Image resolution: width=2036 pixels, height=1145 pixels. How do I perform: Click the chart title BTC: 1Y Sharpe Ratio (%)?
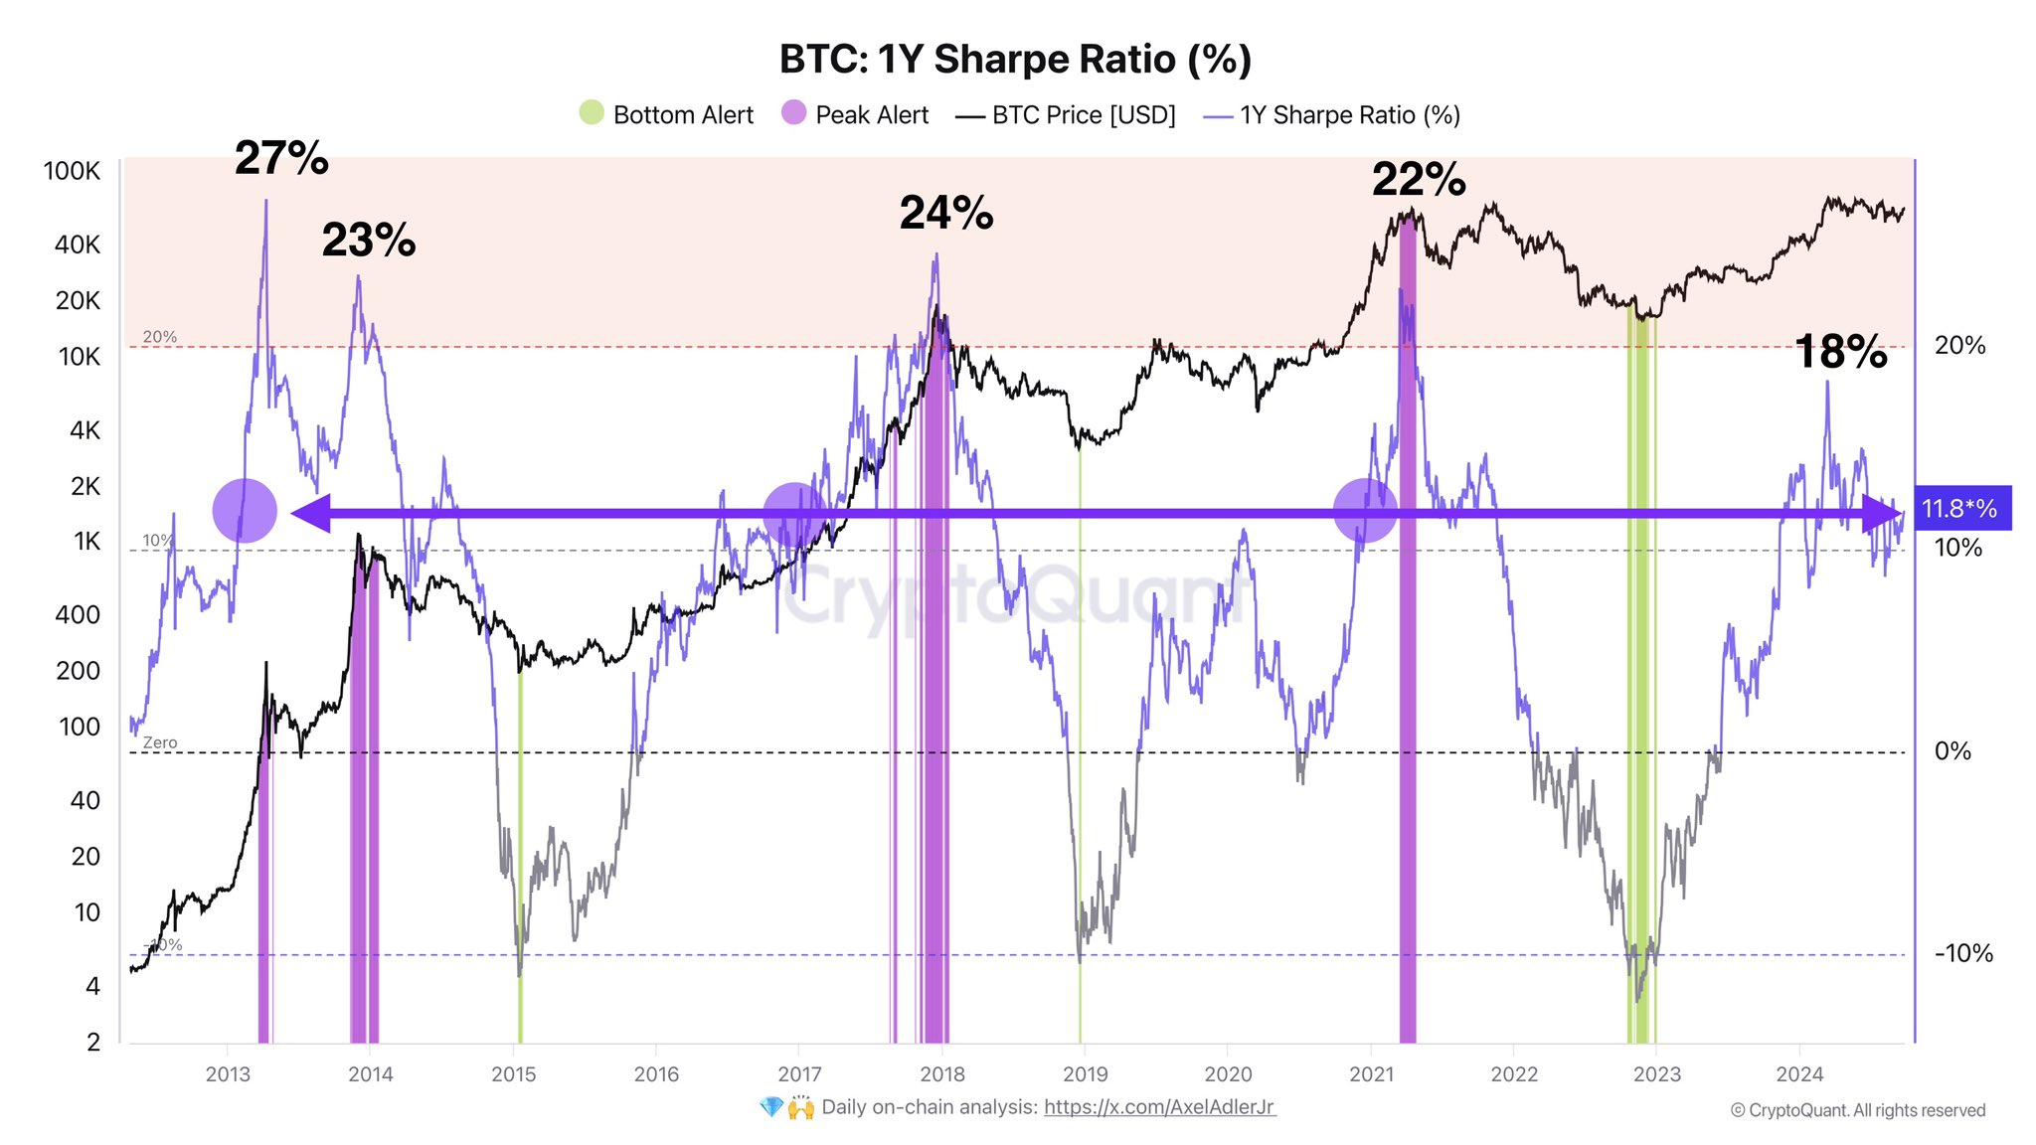[1015, 60]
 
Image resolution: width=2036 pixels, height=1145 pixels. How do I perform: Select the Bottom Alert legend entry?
[667, 114]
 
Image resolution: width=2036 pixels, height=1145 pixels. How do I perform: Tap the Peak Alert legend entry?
[855, 114]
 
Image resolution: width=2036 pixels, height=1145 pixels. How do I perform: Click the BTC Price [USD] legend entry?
[1066, 114]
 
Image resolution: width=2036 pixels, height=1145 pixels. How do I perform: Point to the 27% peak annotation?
[281, 159]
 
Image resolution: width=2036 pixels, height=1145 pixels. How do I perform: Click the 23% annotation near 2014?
[369, 241]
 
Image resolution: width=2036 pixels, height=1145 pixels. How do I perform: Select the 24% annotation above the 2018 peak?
[946, 213]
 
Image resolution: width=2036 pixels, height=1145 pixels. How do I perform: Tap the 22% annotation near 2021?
[1419, 180]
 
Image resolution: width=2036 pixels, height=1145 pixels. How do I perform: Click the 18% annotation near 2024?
[1841, 352]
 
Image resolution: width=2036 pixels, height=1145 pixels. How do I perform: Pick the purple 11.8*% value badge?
[1959, 509]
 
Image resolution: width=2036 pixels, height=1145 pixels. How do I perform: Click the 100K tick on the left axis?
[72, 171]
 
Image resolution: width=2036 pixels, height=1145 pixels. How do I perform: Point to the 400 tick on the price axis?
[78, 615]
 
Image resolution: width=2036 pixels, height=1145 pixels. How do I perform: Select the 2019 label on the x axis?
[1085, 1074]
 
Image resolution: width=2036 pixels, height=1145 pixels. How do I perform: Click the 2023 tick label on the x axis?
[1657, 1074]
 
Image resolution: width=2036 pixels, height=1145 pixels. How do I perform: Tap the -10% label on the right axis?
[1963, 954]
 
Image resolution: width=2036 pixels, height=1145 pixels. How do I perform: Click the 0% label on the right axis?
[1952, 751]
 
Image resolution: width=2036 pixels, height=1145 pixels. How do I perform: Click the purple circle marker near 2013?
[245, 511]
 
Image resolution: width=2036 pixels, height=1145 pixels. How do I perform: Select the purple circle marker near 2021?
[1365, 511]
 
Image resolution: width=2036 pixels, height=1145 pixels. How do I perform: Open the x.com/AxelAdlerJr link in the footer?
[1159, 1107]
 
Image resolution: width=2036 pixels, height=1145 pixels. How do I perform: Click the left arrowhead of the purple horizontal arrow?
[309, 514]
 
